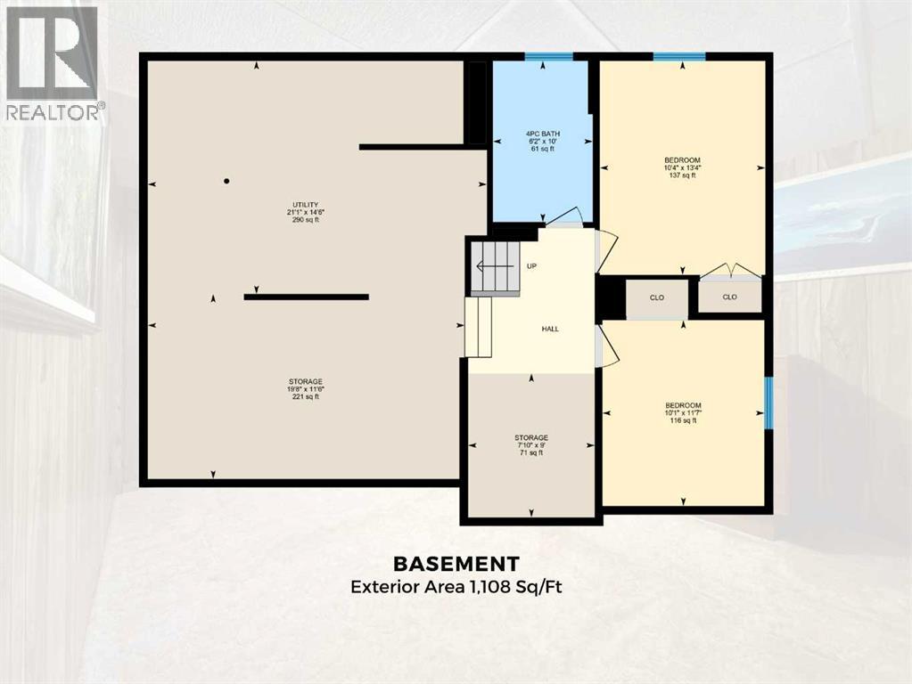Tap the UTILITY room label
click(x=304, y=204)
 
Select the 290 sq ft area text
click(x=304, y=220)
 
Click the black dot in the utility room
click(x=226, y=181)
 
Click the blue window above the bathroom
click(x=547, y=57)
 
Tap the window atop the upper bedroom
click(x=678, y=57)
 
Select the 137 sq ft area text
click(x=682, y=175)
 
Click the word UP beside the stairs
click(x=531, y=265)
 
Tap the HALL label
click(x=550, y=329)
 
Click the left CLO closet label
click(x=656, y=297)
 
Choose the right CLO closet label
click(x=729, y=297)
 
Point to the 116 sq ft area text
click(x=682, y=420)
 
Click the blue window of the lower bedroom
click(x=768, y=403)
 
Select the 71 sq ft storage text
click(x=530, y=453)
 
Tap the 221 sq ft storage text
click(x=304, y=397)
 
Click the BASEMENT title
click(x=456, y=563)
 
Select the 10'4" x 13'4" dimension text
click(x=682, y=167)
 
